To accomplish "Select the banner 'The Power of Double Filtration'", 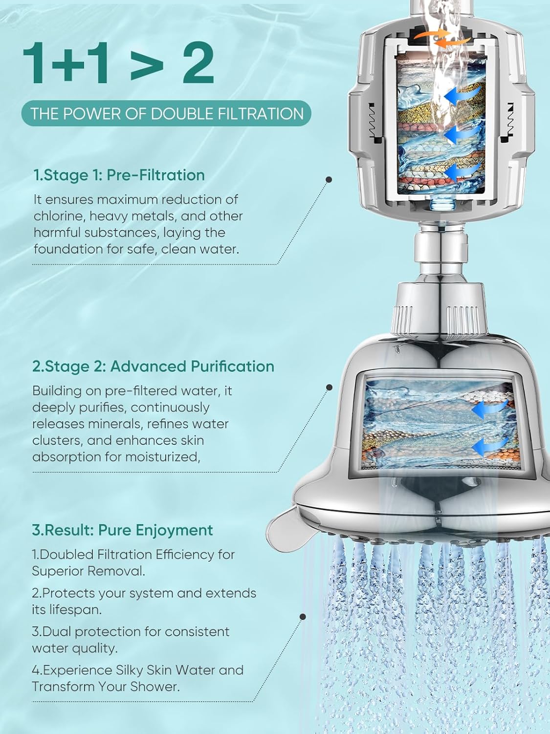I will pos(167,114).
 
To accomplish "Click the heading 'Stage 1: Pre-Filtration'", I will pos(119,175).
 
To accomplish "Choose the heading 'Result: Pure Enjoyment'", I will pos(122,530).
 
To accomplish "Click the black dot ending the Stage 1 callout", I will pos(329,180).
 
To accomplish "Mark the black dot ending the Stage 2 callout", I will pos(329,387).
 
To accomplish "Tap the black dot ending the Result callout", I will pos(303,617).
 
